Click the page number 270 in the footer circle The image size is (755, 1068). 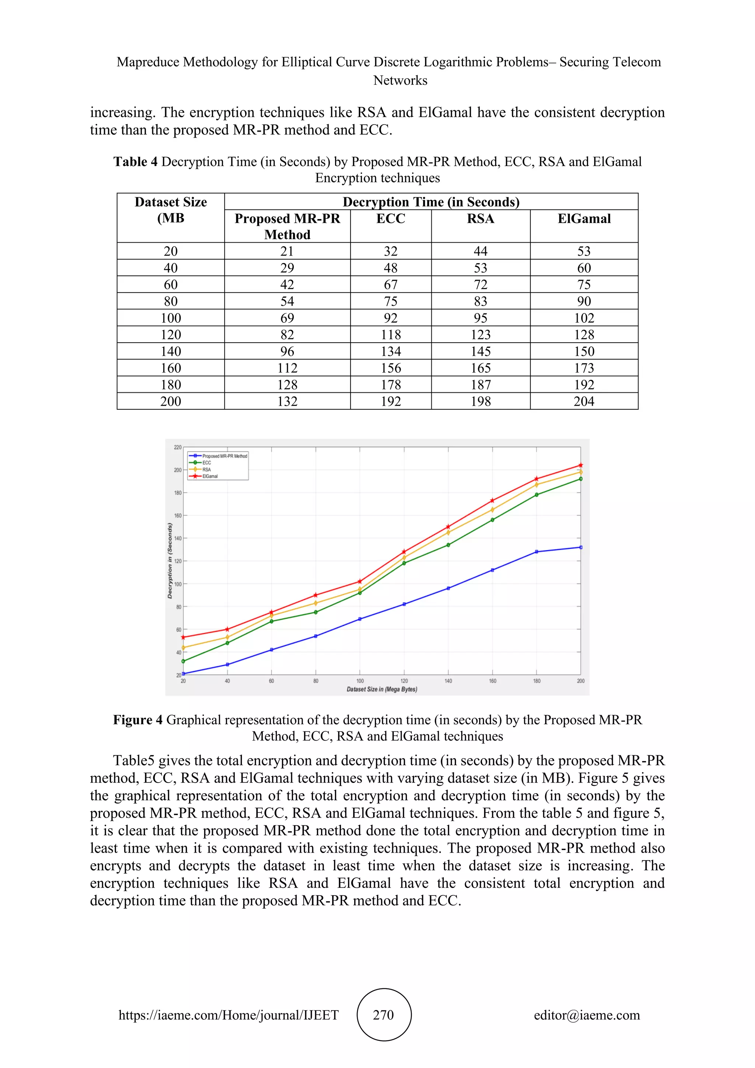pos(383,1015)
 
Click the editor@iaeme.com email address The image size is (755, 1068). pos(587,1015)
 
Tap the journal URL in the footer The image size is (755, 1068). pos(228,1015)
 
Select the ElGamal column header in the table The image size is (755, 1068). pos(584,219)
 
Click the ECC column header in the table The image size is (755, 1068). pos(390,219)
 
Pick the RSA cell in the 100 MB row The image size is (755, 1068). pos(480,318)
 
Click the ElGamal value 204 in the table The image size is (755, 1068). pos(584,402)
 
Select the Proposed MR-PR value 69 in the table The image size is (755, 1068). pos(287,318)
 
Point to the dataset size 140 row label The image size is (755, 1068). pos(171,352)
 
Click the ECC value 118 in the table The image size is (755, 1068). pos(390,335)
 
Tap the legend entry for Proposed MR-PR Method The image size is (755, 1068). pos(225,456)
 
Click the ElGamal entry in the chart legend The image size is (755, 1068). pos(210,476)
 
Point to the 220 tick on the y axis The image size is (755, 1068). pos(178,447)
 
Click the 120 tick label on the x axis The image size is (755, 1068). pos(404,681)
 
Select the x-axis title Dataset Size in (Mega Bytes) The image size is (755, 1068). pos(382,689)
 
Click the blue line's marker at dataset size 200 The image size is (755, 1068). pos(581,548)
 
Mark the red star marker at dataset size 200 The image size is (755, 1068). pos(581,465)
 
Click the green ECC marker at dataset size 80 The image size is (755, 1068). pos(316,612)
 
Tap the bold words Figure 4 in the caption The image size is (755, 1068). pos(138,720)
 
